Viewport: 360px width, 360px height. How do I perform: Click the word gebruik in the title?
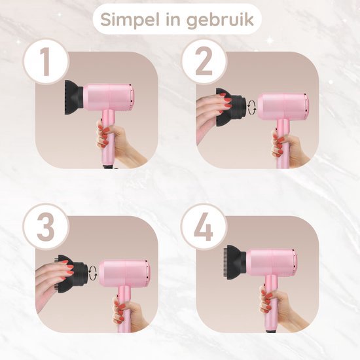(x=219, y=21)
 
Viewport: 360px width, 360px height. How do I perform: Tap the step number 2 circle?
(x=203, y=64)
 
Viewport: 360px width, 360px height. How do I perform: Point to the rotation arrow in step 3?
(x=94, y=270)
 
